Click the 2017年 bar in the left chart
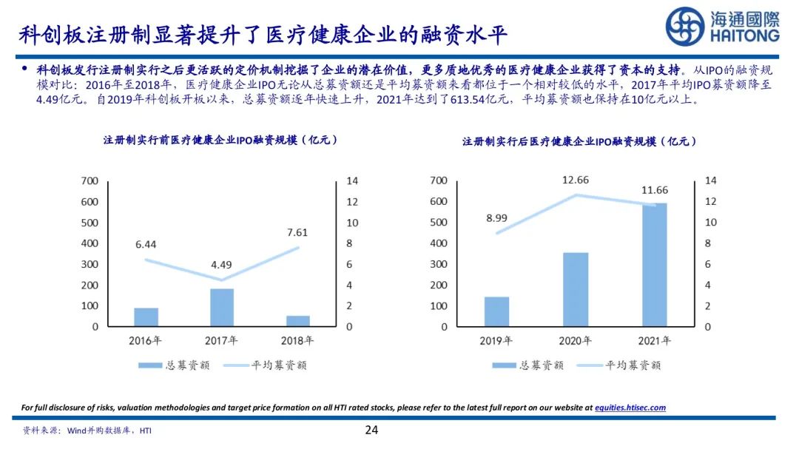(x=222, y=307)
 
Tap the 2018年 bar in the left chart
(x=298, y=321)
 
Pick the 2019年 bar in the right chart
(x=496, y=311)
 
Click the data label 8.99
(x=496, y=217)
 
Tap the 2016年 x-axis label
(x=146, y=341)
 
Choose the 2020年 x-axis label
(x=575, y=341)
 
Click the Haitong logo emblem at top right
(x=684, y=26)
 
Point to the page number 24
(x=372, y=430)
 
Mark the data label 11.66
(x=654, y=191)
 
